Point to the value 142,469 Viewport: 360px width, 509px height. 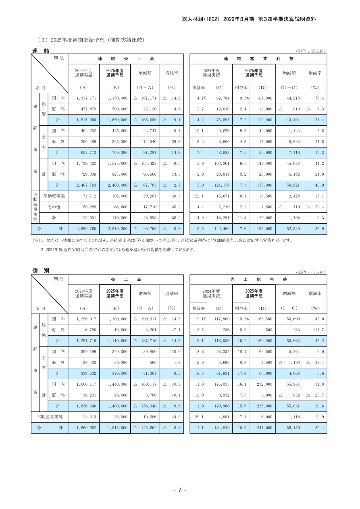pyautogui.click(x=220, y=229)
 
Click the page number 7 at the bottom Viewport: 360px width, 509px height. pyautogui.click(x=180, y=490)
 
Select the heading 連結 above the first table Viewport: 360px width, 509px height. pyautogui.click(x=41, y=51)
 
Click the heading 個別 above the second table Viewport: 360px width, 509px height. pyautogui.click(x=41, y=270)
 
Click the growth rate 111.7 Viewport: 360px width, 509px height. pyautogui.click(x=316, y=330)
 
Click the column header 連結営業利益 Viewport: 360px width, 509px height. pyautogui.click(x=258, y=58)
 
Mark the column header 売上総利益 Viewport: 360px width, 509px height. pyautogui.click(x=258, y=279)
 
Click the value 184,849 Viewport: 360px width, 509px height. pyautogui.click(x=221, y=428)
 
